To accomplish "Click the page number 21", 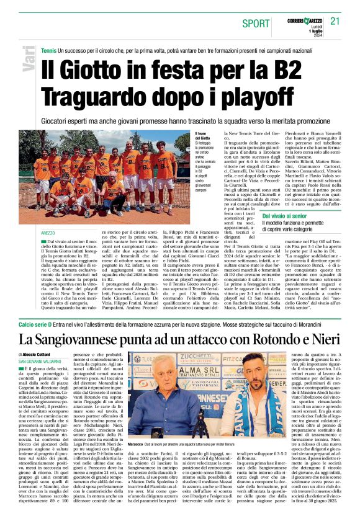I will pos(335,21).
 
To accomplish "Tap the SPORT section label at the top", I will pos(256,24).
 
